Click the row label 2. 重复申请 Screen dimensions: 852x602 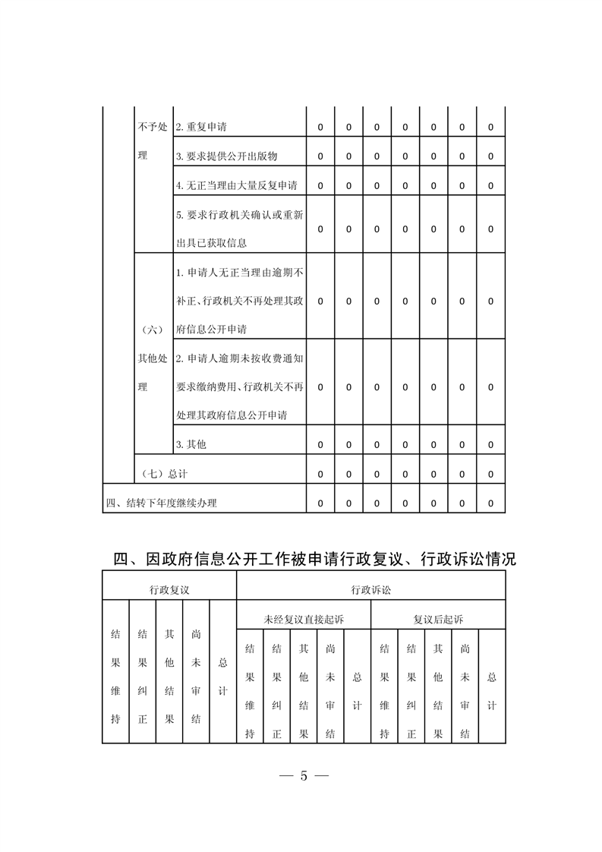(x=200, y=128)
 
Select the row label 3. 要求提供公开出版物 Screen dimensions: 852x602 (x=226, y=156)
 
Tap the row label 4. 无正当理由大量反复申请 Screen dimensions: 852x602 (x=236, y=185)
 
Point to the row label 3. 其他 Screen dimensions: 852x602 (x=191, y=444)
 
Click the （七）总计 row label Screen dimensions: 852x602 (x=165, y=474)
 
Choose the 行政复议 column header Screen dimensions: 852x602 (x=169, y=589)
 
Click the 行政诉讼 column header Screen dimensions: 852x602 (x=371, y=589)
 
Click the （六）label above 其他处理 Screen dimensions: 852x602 (x=153, y=330)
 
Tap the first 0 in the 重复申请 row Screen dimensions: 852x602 (x=320, y=128)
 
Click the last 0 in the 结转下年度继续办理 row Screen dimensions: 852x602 (x=491, y=503)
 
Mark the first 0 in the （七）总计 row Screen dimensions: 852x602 (x=320, y=474)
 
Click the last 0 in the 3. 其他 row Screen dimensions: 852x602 (x=491, y=444)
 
